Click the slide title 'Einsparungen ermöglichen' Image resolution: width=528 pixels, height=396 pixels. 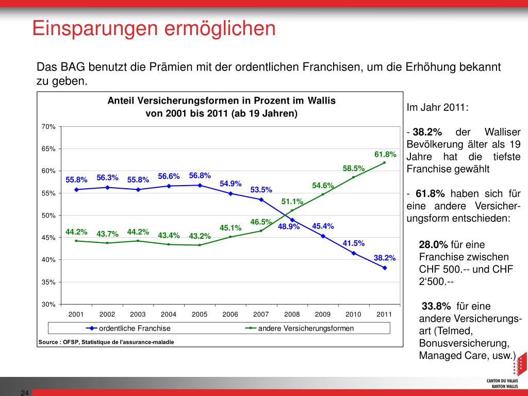(154, 28)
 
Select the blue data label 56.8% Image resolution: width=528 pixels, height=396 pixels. (200, 176)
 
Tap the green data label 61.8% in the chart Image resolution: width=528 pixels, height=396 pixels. (385, 154)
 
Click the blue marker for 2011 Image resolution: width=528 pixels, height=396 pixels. (385, 268)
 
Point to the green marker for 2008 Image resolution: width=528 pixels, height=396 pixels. (292, 210)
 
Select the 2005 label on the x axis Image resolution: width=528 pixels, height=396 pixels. (200, 315)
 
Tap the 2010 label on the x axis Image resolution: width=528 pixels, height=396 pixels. (353, 315)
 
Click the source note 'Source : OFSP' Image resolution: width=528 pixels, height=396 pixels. (106, 342)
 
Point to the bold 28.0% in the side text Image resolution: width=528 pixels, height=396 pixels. (434, 244)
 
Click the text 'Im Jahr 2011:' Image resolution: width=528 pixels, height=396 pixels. (438, 108)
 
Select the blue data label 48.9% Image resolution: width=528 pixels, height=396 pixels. (289, 226)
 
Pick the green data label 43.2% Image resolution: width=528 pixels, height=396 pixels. (200, 236)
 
